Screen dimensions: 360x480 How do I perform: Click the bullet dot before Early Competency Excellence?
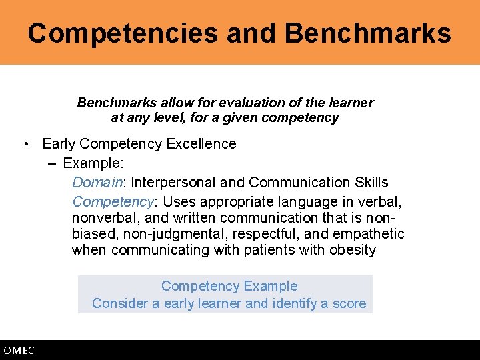(25, 144)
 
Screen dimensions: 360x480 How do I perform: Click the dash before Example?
(52, 163)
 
